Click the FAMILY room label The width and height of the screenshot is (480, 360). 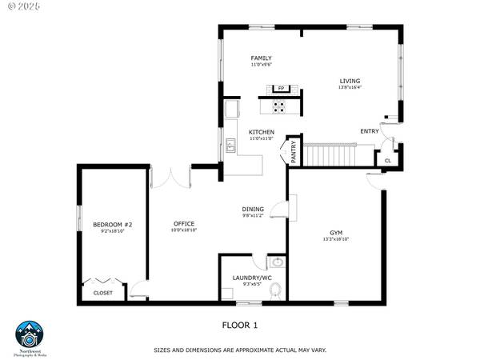coord(262,58)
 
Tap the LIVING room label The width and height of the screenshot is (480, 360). coord(350,81)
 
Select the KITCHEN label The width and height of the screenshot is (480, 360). coord(262,132)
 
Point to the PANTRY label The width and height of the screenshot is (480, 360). coord(294,152)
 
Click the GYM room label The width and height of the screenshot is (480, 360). coord(337,232)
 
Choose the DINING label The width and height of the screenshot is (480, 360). coord(253,210)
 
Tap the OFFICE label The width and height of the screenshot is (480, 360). coord(185,224)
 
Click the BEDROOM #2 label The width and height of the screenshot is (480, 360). coord(112,224)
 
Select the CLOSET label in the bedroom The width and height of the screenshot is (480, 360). coord(103,293)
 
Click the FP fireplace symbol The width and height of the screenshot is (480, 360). coord(281,88)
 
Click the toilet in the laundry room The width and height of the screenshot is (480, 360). coord(276,290)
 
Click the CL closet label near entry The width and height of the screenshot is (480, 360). coord(388,161)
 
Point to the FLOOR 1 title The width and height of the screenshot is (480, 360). coord(240,326)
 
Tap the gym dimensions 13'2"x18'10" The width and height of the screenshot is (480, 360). coord(337,239)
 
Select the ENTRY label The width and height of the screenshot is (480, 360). coord(370,131)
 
